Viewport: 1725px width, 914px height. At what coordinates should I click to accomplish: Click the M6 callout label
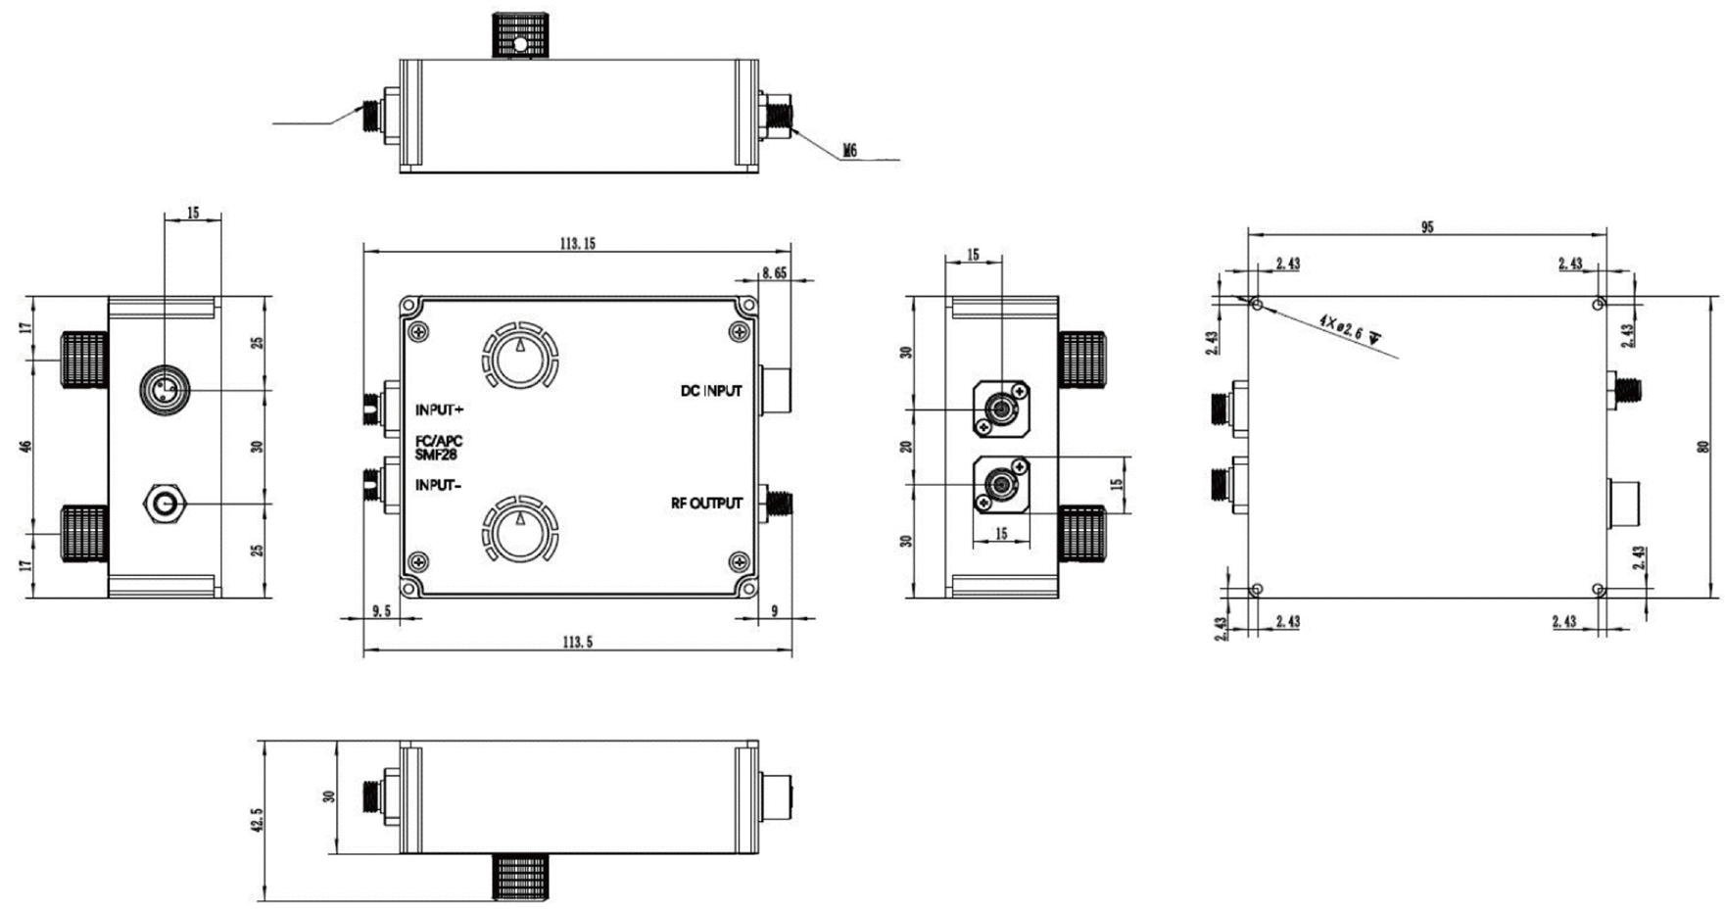click(849, 150)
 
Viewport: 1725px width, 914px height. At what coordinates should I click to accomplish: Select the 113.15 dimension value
click(577, 243)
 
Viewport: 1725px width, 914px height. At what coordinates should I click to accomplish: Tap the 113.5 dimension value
click(577, 643)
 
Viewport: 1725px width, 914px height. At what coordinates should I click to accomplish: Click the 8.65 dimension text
click(774, 273)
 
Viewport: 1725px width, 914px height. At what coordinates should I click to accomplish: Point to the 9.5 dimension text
click(382, 610)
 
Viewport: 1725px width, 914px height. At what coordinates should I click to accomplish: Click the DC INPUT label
click(711, 391)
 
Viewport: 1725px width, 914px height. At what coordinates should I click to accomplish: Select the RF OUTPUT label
click(706, 504)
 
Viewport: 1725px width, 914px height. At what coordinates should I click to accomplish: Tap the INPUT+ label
click(439, 409)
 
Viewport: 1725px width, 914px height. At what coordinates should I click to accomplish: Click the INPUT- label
click(438, 485)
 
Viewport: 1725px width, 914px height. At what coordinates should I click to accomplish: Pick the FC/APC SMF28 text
click(438, 448)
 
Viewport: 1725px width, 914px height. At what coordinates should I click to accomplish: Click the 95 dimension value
click(1427, 227)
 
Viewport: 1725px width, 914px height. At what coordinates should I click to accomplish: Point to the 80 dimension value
click(1702, 446)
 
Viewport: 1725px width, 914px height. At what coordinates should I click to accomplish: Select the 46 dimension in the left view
click(26, 446)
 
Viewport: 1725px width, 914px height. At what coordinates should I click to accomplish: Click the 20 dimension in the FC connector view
click(907, 447)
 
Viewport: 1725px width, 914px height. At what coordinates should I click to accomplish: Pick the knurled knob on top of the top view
click(520, 34)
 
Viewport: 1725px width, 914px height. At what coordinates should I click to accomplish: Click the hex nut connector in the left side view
click(164, 505)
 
